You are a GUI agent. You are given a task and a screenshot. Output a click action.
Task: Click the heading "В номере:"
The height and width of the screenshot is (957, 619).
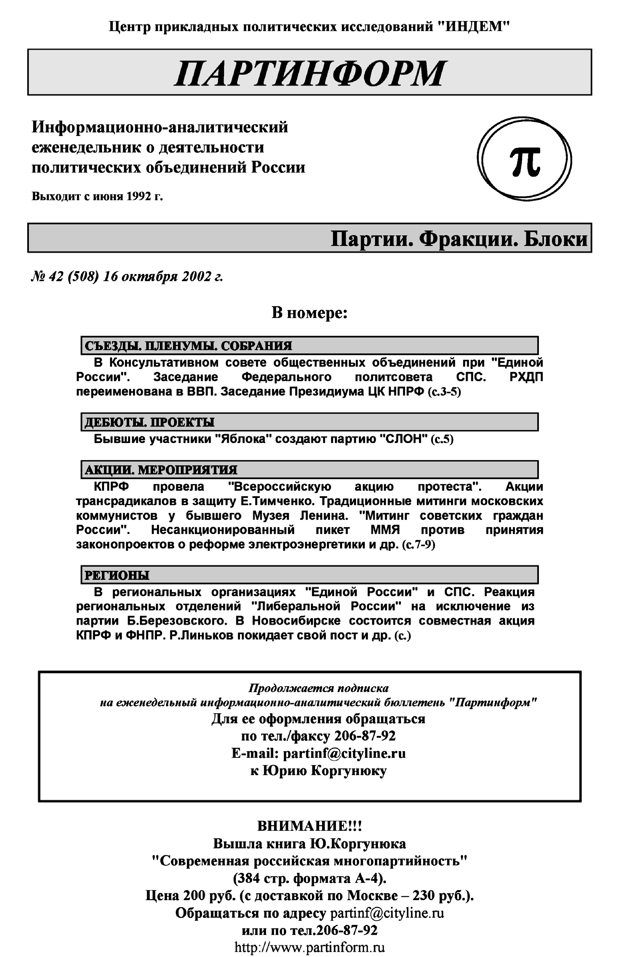pyautogui.click(x=309, y=312)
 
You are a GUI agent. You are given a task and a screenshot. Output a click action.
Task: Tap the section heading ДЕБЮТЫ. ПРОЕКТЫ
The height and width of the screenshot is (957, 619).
pyautogui.click(x=150, y=422)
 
